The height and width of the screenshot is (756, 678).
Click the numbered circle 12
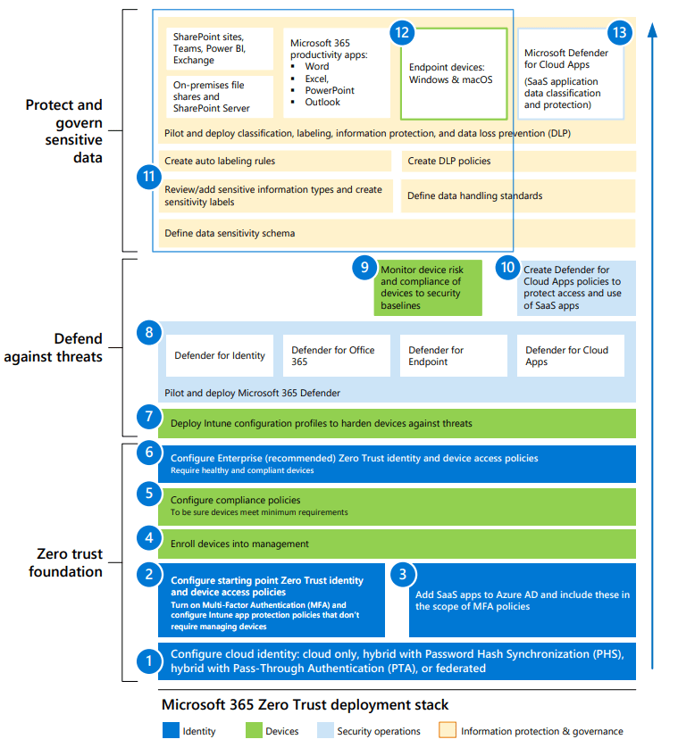click(402, 33)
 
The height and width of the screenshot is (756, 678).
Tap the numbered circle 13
click(619, 33)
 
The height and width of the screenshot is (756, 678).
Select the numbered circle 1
click(148, 661)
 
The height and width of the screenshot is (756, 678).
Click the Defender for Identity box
click(220, 355)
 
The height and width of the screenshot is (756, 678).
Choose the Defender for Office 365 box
click(336, 355)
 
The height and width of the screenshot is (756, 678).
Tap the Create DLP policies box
click(518, 162)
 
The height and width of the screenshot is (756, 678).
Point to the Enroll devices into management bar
click(397, 544)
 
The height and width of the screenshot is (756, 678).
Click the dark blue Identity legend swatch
click(170, 731)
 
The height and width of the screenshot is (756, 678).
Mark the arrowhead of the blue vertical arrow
click(653, 28)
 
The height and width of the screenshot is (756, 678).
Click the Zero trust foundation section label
click(64, 562)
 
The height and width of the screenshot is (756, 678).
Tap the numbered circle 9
click(363, 266)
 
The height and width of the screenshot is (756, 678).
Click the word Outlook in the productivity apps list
click(322, 103)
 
